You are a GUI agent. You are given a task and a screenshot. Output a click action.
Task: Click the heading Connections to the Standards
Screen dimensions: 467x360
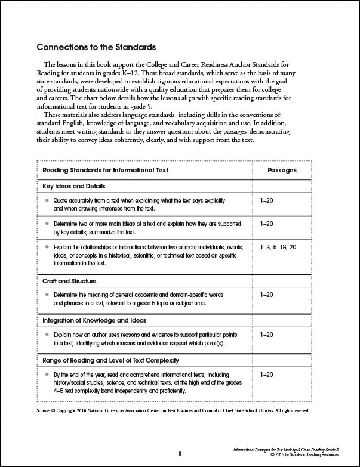pos(96,47)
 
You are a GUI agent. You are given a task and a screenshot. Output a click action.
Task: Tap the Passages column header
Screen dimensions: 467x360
pos(282,170)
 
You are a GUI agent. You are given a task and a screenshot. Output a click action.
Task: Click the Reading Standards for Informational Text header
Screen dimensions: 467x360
pos(105,170)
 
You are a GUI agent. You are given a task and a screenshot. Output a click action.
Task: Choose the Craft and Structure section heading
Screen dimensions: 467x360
pos(69,280)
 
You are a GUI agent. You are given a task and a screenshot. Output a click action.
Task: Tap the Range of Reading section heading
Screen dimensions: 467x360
pos(111,360)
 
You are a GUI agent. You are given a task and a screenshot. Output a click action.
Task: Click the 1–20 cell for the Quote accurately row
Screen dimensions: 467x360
pos(267,202)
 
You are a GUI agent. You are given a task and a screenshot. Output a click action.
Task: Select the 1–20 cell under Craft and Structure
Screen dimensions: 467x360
pos(267,295)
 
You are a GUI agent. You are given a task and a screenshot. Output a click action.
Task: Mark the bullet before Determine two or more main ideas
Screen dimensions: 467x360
pos(47,224)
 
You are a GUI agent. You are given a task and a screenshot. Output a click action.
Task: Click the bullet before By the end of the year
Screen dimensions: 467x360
pos(47,375)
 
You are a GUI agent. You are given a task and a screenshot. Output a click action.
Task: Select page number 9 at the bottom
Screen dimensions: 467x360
pos(180,454)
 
